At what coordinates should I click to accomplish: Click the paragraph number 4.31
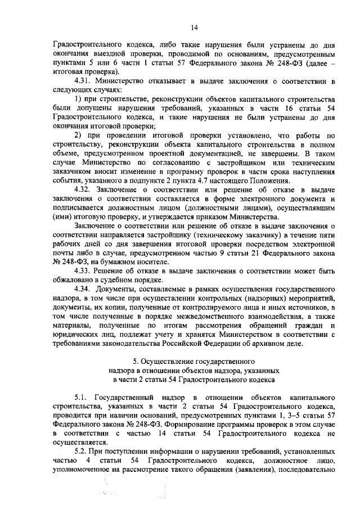82,82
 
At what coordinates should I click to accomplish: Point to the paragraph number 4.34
82,289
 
